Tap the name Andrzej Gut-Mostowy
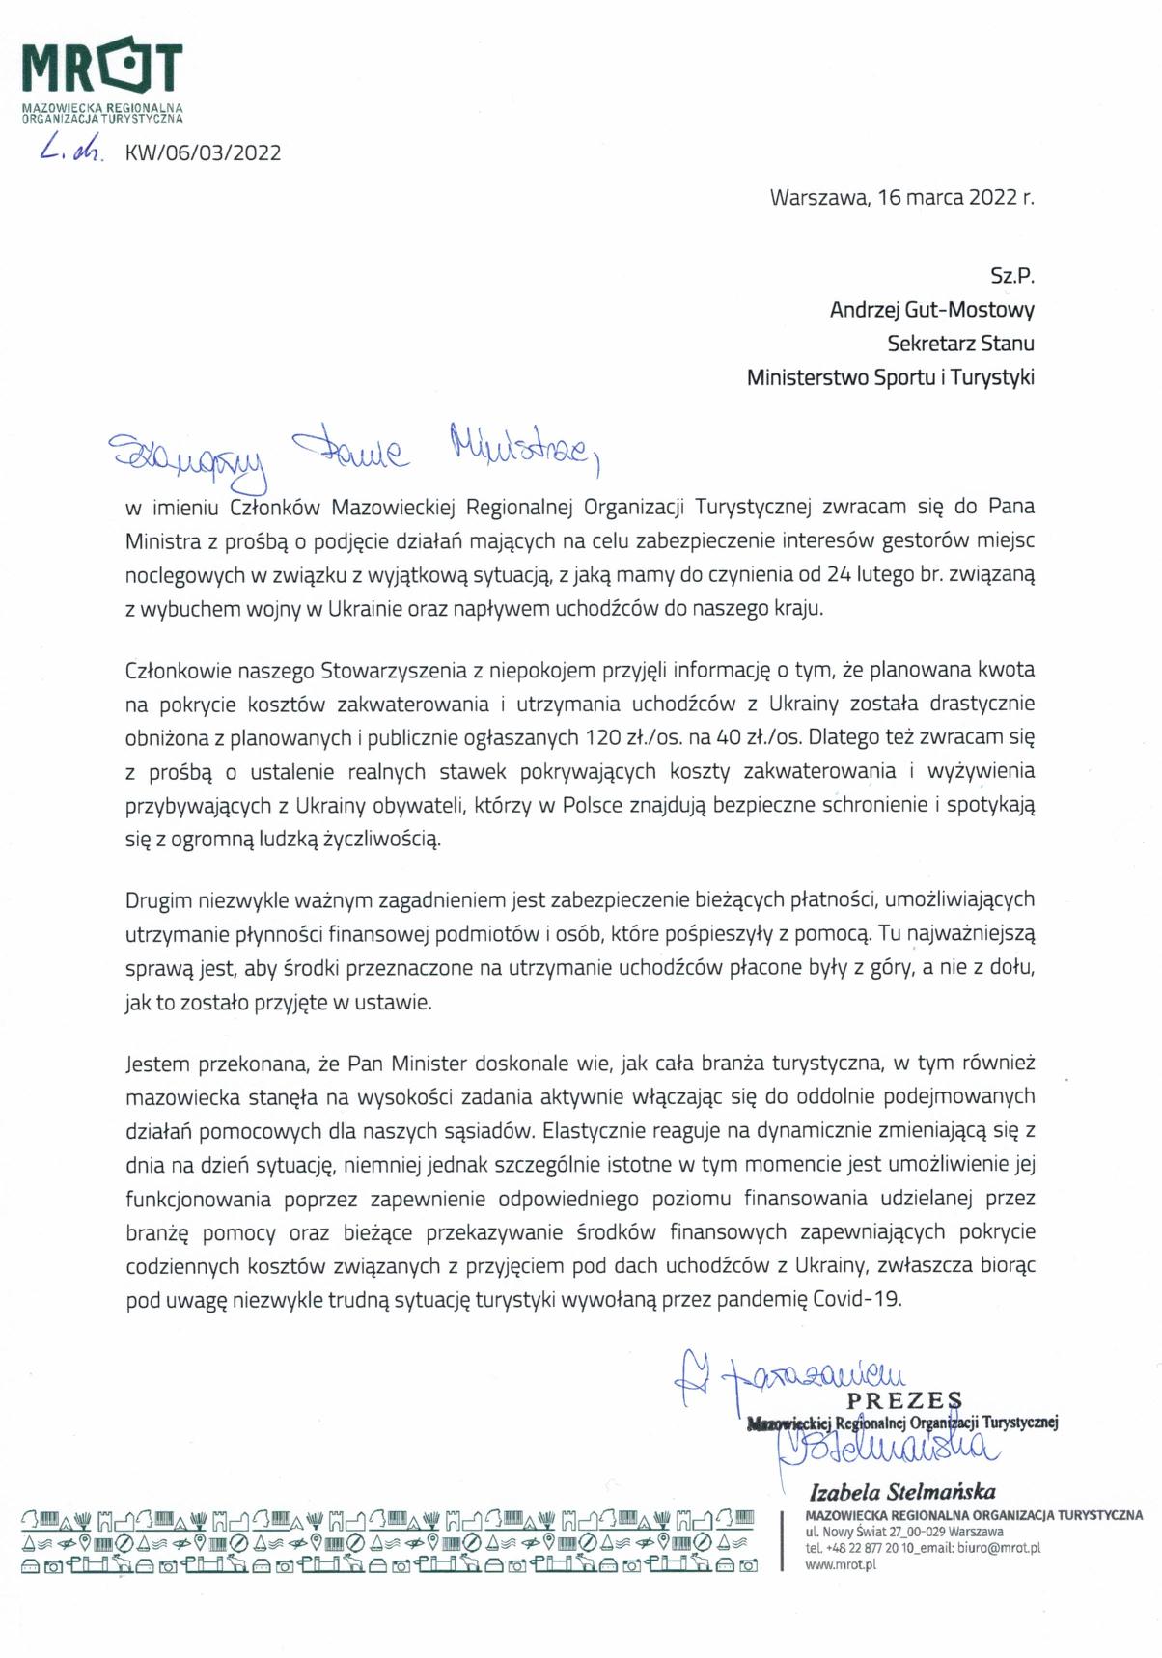[x=931, y=310]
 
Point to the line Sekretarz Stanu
[x=960, y=344]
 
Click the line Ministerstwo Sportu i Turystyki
[x=890, y=377]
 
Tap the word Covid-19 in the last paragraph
[x=857, y=1299]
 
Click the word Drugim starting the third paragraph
[x=158, y=900]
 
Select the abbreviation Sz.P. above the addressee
[x=1011, y=276]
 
